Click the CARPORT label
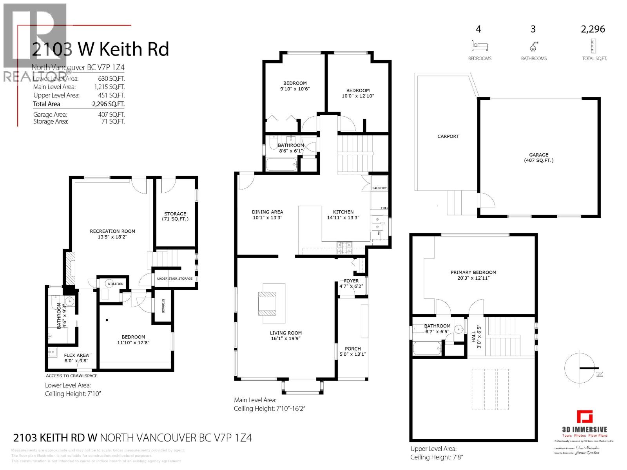point(448,136)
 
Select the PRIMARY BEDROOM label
point(473,273)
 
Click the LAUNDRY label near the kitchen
point(379,188)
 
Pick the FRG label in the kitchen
point(384,208)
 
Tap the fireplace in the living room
point(268,304)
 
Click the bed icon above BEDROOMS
point(480,46)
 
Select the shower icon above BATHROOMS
point(533,47)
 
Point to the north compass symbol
point(580,368)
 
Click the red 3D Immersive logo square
point(584,417)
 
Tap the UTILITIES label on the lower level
point(115,284)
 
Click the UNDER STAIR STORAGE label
point(175,278)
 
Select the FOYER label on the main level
point(351,281)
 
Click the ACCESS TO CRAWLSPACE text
point(72,376)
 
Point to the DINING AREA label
point(267,212)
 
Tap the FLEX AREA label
point(76,355)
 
